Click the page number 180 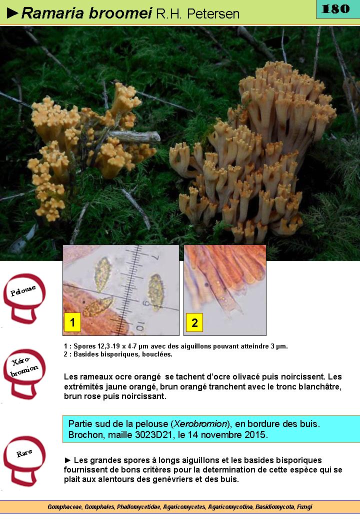click(x=335, y=8)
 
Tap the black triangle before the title click(x=12, y=13)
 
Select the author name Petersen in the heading click(x=213, y=14)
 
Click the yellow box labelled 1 click(x=72, y=322)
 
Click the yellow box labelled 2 click(x=194, y=322)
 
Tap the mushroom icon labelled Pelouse click(x=24, y=298)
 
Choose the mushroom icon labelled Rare click(x=24, y=460)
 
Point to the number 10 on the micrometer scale click(x=140, y=326)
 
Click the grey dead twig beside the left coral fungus click(x=132, y=136)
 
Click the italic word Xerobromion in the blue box click(x=200, y=424)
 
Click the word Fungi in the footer click(x=304, y=507)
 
